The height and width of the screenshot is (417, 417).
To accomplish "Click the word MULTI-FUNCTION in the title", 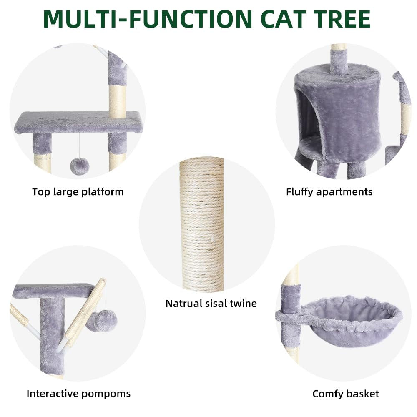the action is point(148,19).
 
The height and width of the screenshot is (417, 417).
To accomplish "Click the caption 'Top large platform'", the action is point(78,192).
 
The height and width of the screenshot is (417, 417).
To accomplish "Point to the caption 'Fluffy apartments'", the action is point(329,192).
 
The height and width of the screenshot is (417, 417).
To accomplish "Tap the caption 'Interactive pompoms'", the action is point(79,394).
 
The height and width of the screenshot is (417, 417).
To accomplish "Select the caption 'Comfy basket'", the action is point(346,394).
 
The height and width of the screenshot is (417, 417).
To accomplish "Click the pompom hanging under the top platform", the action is point(80,166).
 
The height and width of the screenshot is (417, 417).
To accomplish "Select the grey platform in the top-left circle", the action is point(78,122).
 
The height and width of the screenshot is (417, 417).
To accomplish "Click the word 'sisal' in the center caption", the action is point(216,304).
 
